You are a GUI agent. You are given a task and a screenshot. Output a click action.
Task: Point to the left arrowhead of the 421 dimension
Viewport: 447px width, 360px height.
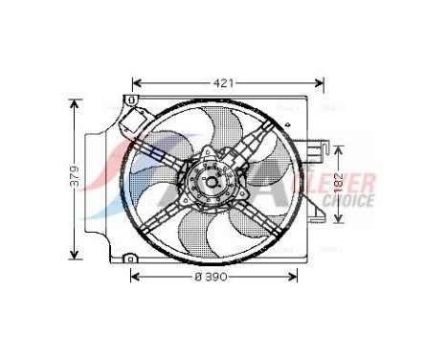point(136,83)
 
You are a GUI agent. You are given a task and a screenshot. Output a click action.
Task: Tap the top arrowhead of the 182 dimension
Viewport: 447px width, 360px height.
point(338,149)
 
